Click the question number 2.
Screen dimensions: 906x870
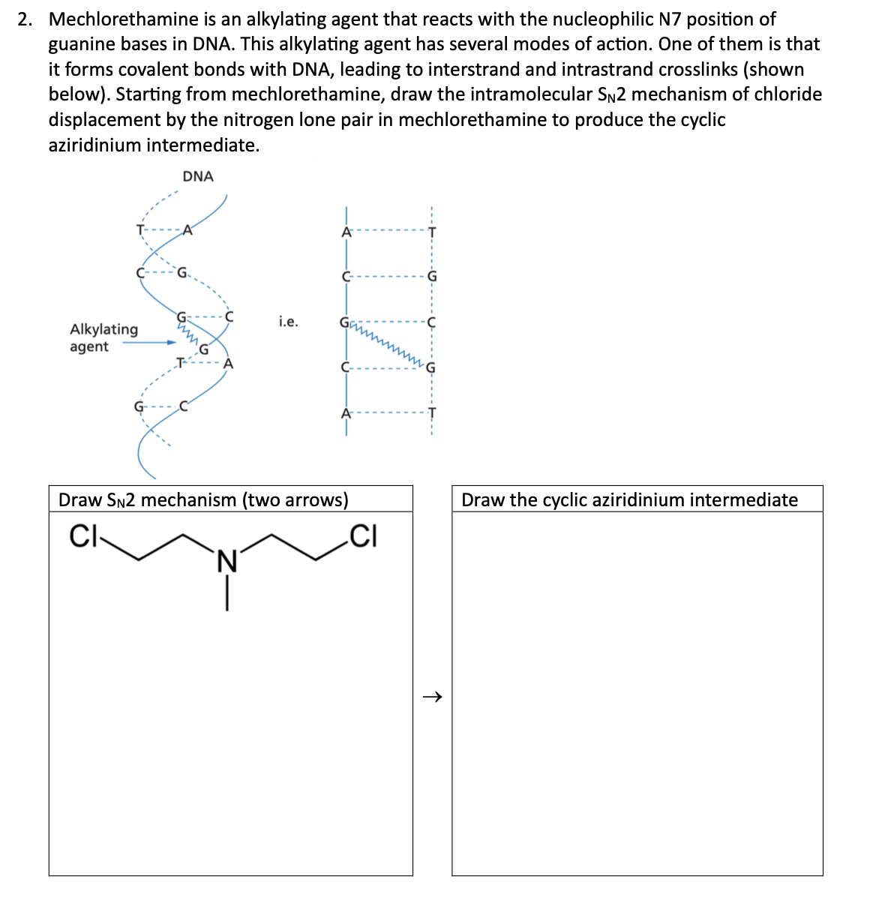[25, 19]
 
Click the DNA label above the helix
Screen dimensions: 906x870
[198, 176]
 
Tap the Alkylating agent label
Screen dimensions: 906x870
[103, 337]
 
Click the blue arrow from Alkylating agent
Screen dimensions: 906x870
[149, 343]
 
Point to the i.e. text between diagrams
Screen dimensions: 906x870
[288, 322]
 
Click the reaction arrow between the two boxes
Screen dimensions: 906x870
[432, 697]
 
